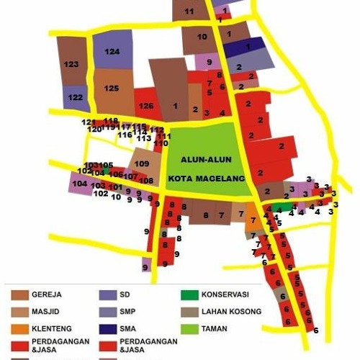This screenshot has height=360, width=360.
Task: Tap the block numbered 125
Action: [112, 88]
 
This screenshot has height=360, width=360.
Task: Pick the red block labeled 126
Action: [146, 106]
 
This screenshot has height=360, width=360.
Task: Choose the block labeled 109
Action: [142, 163]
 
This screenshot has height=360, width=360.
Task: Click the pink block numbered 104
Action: [80, 183]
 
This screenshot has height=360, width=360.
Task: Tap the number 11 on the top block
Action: [189, 12]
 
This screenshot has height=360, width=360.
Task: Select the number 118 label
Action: [111, 120]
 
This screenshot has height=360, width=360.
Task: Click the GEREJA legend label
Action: [49, 294]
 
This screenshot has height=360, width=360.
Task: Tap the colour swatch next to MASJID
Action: [20, 312]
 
